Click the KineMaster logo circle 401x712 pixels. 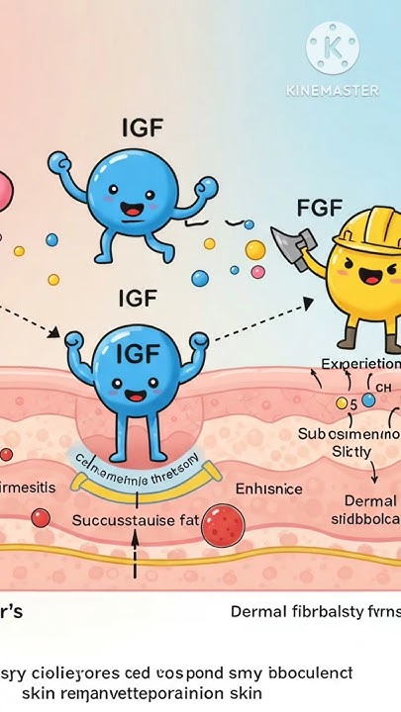pos(332,46)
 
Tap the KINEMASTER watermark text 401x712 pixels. pos(333,90)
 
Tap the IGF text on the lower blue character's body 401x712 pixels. pos(138,353)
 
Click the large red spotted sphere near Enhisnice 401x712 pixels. pos(222,524)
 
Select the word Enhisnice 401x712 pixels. pos(269,489)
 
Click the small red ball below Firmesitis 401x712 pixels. pos(40,516)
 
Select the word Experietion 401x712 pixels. pos(360,364)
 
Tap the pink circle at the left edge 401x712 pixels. pos(5,188)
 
